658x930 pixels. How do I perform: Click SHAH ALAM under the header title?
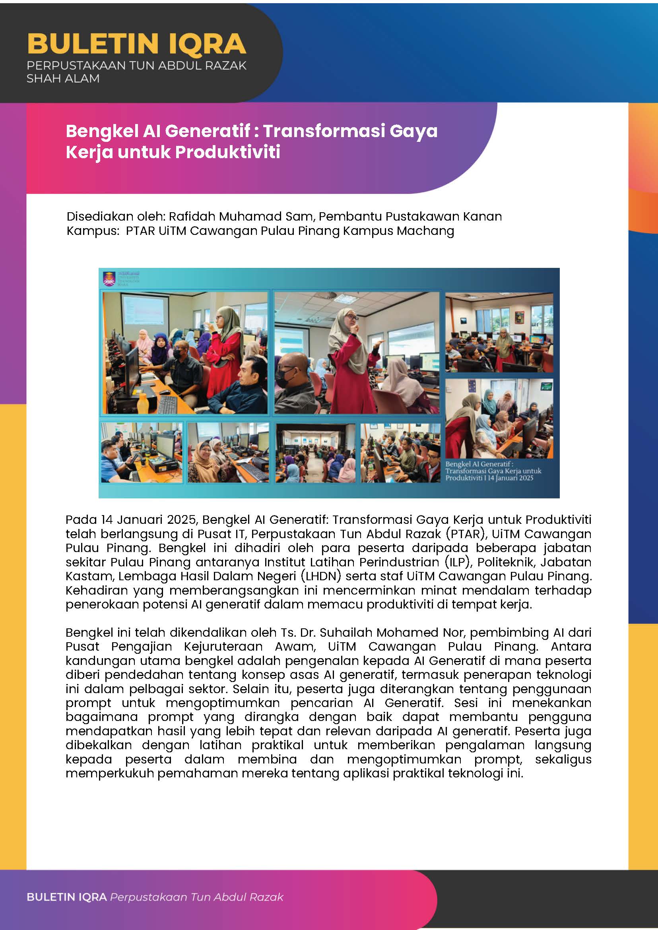(63, 79)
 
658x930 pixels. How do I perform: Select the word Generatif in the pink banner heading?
(208, 131)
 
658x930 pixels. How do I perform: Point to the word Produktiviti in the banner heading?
(228, 152)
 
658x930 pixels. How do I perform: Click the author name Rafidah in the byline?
(188, 216)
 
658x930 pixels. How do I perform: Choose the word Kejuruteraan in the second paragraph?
(223, 647)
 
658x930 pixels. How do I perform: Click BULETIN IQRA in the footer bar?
(66, 897)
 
